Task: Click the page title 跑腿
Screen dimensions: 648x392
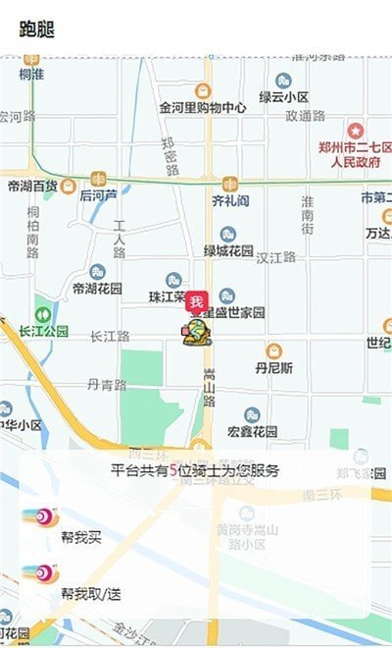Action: [x=37, y=28]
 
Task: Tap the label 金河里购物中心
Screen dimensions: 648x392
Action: [x=202, y=107]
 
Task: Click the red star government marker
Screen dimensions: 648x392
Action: [x=356, y=130]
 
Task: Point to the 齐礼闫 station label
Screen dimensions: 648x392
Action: [x=229, y=200]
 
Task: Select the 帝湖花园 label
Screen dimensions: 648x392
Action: [x=97, y=289]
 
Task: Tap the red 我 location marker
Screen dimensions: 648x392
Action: [x=196, y=301]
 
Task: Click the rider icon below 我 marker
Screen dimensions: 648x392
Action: [x=197, y=332]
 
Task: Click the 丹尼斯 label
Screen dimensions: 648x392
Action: [x=274, y=368]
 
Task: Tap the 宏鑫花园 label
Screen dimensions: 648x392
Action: [x=253, y=431]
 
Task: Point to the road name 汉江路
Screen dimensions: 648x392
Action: [x=275, y=257]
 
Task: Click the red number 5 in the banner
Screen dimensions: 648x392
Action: [x=173, y=470]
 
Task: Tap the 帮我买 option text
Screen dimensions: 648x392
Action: [x=80, y=537]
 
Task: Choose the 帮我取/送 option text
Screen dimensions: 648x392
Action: [x=90, y=593]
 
